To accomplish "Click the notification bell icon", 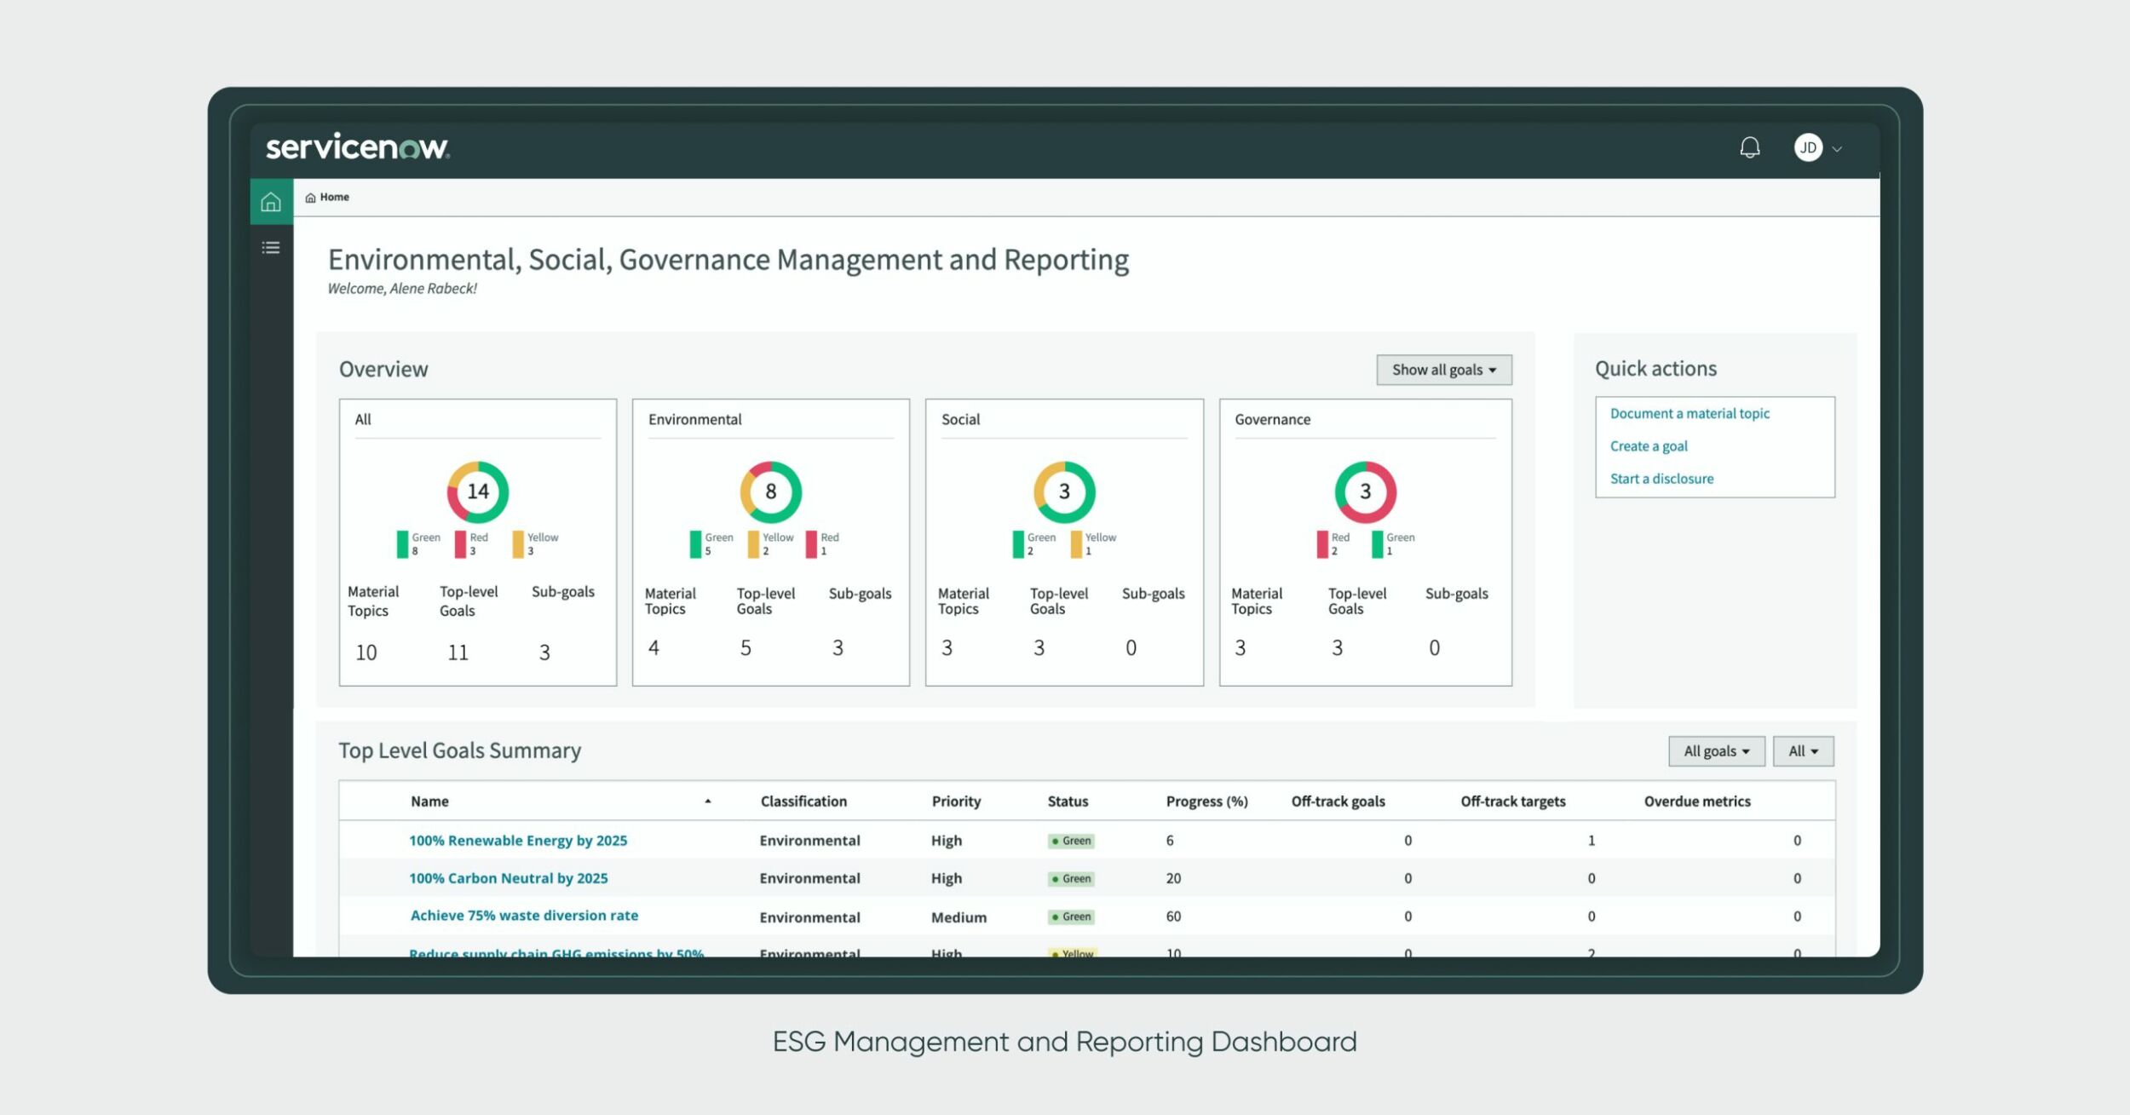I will (x=1749, y=148).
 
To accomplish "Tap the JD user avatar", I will (x=1807, y=148).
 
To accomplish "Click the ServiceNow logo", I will (x=358, y=147).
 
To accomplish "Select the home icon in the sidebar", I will (x=271, y=202).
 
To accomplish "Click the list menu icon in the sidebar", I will (x=271, y=248).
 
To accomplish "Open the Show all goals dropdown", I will (x=1443, y=370).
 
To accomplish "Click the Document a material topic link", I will (x=1689, y=414).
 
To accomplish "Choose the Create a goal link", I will (x=1648, y=446).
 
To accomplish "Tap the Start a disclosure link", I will (x=1661, y=479).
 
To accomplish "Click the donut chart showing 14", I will (x=478, y=491).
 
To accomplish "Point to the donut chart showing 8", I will (x=770, y=491).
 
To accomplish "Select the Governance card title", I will (x=1272, y=420).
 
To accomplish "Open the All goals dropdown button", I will (x=1715, y=751).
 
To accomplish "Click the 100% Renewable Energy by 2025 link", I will (x=518, y=841).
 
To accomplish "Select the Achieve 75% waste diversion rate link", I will (x=524, y=916).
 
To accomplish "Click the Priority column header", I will (x=956, y=802).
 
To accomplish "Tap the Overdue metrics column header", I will (x=1696, y=802).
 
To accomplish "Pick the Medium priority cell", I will (x=958, y=917).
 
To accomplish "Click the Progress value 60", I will (x=1173, y=917).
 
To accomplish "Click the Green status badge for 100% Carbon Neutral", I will (x=1071, y=879).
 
